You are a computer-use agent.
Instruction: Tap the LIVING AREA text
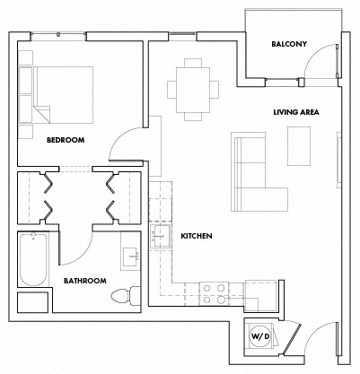point(297,112)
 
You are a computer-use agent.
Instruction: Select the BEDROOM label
point(66,139)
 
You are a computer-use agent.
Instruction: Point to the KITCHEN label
point(196,236)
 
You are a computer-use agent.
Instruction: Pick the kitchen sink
point(162,236)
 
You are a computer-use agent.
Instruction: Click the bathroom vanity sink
point(130,257)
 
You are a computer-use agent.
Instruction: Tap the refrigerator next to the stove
point(260,294)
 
